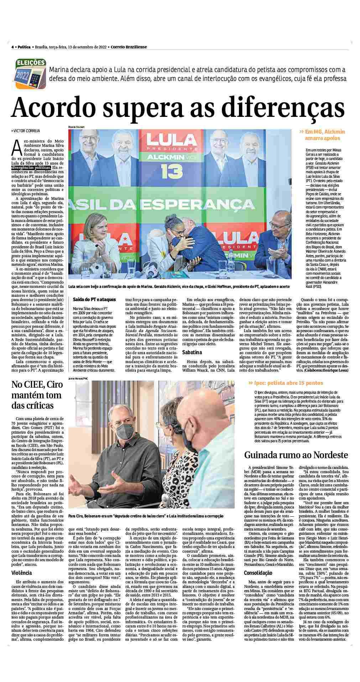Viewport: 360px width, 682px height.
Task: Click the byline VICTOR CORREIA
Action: pyautogui.click(x=26, y=131)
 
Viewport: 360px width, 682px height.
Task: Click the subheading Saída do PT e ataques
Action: pyautogui.click(x=92, y=299)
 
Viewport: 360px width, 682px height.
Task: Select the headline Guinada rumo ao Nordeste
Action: pyautogui.click(x=296, y=455)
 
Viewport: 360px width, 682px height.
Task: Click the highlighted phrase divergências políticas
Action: pyautogui.click(x=31, y=166)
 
